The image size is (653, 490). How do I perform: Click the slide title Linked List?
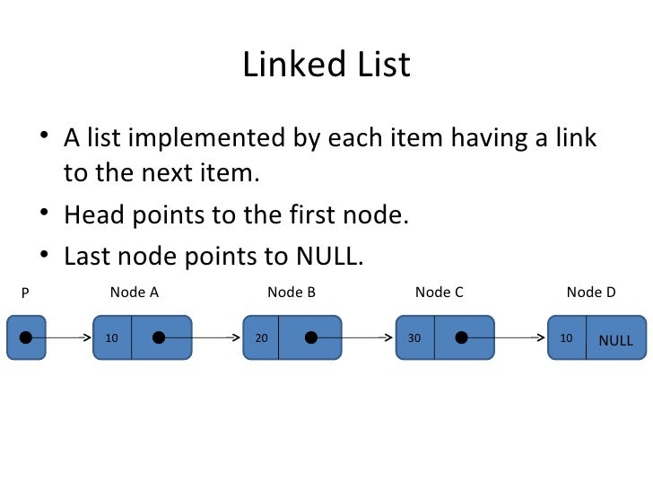pos(326,66)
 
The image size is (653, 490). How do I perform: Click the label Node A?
pos(135,292)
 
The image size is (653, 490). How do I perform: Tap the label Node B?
pos(292,292)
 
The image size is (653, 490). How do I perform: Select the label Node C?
pos(440,292)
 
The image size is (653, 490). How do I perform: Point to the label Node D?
pos(591,292)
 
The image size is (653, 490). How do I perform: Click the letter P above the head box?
pos(25,293)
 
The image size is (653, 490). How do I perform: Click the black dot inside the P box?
pos(26,338)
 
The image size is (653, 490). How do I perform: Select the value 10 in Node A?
pos(112,339)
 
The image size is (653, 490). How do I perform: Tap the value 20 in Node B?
pos(261,339)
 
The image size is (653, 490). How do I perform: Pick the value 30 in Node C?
pos(414,339)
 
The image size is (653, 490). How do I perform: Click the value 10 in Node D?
pos(565,339)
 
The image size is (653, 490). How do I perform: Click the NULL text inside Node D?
pos(615,341)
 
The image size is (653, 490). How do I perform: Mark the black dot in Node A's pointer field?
pos(159,338)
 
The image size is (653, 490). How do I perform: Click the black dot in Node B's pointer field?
pos(310,338)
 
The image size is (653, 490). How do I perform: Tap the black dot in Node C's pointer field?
pos(461,338)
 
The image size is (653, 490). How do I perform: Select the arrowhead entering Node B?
pos(239,338)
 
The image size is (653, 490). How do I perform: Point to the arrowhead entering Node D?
pos(544,338)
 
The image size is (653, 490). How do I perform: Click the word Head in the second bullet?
pos(92,215)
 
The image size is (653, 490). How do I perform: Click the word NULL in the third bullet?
pos(327,257)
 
